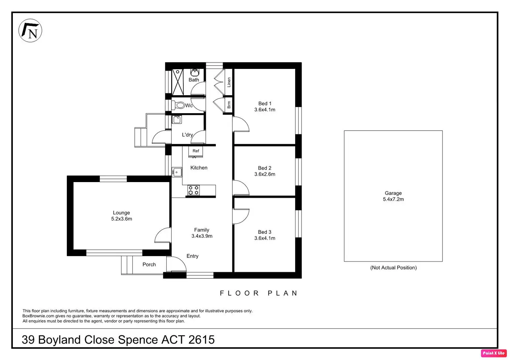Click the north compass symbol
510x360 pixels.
click(x=30, y=30)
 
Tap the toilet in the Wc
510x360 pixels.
click(x=178, y=105)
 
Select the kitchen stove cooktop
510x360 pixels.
click(x=194, y=190)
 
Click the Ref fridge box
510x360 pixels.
click(x=195, y=151)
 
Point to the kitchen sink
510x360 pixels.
click(x=177, y=172)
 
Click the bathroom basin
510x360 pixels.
click(x=195, y=73)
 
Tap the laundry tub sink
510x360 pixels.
click(x=177, y=119)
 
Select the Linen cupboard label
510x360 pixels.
click(x=229, y=82)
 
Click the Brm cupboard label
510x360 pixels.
click(x=229, y=105)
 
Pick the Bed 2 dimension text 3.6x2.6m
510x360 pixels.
click(x=265, y=174)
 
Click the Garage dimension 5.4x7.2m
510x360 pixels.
click(x=394, y=199)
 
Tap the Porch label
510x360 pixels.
click(x=149, y=264)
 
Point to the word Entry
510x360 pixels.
click(x=192, y=256)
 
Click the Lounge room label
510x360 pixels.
click(x=121, y=213)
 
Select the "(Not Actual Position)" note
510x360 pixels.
click(x=394, y=268)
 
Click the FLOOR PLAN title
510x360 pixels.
click(x=259, y=293)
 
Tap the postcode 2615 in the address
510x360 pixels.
click(x=202, y=340)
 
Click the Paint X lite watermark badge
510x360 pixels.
click(x=494, y=353)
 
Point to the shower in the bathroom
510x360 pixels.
click(x=178, y=82)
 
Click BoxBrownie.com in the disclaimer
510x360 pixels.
click(x=38, y=316)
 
